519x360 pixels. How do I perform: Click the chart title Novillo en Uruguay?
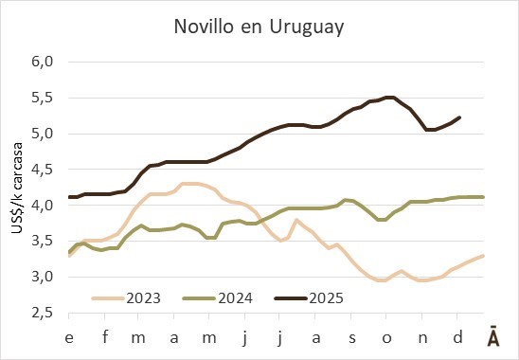tap(259, 27)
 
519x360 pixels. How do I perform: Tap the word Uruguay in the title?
tap(307, 27)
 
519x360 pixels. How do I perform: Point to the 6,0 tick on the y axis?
tap(43, 62)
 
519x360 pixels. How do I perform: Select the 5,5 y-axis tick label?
tap(43, 98)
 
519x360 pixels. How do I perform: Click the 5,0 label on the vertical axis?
tap(43, 134)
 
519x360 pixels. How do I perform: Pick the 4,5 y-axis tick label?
tap(43, 170)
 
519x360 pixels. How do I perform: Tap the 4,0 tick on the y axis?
tap(43, 206)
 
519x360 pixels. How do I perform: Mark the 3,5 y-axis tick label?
tap(43, 241)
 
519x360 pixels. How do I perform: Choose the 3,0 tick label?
tap(43, 277)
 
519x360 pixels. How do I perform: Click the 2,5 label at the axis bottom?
tap(43, 313)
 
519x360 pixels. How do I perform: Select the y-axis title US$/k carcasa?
tap(17, 188)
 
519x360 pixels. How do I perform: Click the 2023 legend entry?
tap(126, 298)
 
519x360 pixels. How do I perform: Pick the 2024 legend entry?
tap(218, 298)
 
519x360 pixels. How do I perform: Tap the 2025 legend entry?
tap(309, 298)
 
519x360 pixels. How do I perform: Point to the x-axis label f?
tap(105, 337)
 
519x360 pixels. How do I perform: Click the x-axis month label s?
tap(352, 338)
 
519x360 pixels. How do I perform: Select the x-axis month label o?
tap(386, 338)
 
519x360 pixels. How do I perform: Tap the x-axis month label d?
tap(457, 337)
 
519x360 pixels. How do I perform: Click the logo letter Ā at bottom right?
tap(493, 336)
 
